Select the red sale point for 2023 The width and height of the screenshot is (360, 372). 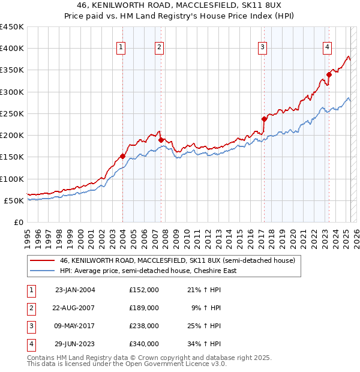click(329, 74)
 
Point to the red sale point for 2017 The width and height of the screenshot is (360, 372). click(264, 119)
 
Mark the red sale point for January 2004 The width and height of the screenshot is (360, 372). click(123, 156)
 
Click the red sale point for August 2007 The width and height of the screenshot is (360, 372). click(161, 140)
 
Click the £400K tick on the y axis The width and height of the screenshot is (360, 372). click(12, 49)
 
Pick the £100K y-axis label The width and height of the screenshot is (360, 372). click(12, 179)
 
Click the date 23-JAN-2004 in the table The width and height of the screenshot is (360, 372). click(75, 290)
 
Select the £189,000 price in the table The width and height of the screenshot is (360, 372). click(144, 308)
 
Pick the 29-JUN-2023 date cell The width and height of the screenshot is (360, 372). click(75, 344)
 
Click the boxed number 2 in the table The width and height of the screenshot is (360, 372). click(31, 308)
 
